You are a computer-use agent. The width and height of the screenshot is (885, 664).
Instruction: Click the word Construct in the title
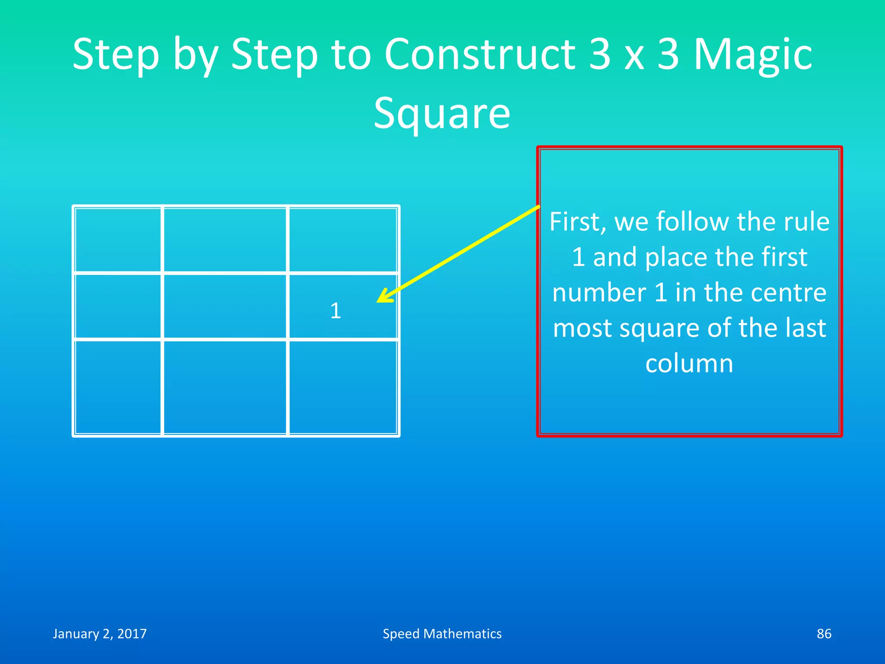pyautogui.click(x=479, y=54)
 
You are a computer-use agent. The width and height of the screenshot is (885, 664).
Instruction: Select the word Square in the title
pyautogui.click(x=442, y=114)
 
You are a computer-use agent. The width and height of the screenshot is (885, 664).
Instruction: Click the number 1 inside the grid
pyautogui.click(x=336, y=311)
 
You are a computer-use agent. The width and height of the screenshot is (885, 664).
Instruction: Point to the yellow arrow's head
pyautogui.click(x=382, y=298)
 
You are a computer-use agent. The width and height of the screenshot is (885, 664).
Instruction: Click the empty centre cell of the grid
pyautogui.click(x=225, y=306)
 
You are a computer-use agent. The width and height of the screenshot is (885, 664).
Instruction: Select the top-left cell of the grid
pyautogui.click(x=118, y=239)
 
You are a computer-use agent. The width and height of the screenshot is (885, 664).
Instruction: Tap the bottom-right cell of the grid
pyautogui.click(x=343, y=387)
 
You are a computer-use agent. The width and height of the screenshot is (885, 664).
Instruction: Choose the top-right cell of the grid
pyautogui.click(x=343, y=239)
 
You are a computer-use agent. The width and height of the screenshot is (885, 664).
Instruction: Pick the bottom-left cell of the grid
pyautogui.click(x=118, y=387)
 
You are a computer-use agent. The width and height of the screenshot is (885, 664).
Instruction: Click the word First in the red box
pyautogui.click(x=575, y=222)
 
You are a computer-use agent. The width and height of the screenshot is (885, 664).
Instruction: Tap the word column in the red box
pyautogui.click(x=689, y=364)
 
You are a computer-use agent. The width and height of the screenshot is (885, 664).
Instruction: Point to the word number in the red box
pyautogui.click(x=598, y=293)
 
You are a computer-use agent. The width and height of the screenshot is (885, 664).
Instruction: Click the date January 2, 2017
pyautogui.click(x=100, y=634)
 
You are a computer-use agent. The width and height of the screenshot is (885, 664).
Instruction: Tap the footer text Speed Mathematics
pyautogui.click(x=442, y=634)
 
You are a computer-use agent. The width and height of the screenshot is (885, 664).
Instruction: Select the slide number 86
pyautogui.click(x=824, y=634)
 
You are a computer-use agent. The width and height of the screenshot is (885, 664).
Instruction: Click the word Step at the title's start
pyautogui.click(x=116, y=55)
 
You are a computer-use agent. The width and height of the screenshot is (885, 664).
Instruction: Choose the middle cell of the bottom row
pyautogui.click(x=225, y=387)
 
